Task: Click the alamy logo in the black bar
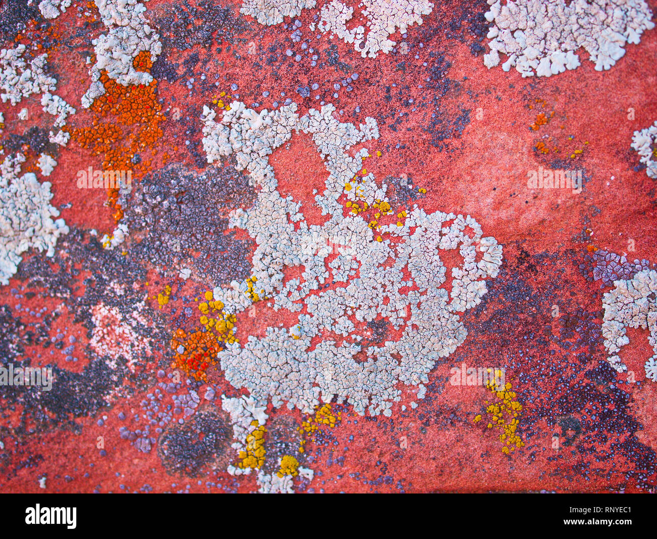51,516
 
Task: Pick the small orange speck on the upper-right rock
540,120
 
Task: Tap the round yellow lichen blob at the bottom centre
289,465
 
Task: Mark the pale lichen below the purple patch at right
629,313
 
